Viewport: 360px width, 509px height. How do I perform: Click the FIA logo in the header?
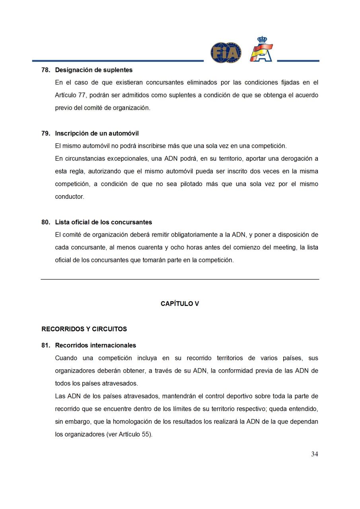226,52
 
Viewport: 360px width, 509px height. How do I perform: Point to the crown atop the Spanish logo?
262,40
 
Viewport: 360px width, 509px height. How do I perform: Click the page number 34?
314,454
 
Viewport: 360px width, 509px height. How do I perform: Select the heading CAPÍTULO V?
180,304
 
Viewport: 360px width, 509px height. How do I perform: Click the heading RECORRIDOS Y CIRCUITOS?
84,329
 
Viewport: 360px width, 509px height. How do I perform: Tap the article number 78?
45,70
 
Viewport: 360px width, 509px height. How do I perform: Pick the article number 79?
45,134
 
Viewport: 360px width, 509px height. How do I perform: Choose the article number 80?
45,222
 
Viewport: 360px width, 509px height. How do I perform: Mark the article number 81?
45,346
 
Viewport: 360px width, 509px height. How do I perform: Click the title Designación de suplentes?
94,70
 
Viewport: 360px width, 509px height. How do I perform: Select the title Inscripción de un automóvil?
97,134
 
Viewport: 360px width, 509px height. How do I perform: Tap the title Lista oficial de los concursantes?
103,222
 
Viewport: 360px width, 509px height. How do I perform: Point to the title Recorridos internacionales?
95,346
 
